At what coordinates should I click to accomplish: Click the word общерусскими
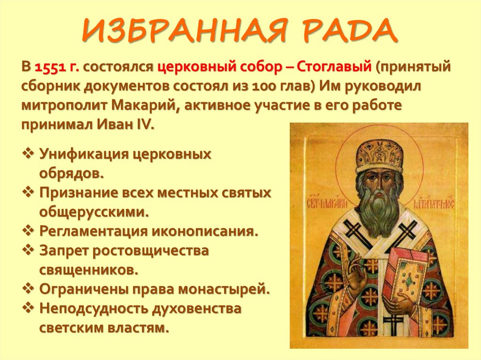pyautogui.click(x=94, y=211)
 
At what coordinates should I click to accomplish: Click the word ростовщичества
pyautogui.click(x=150, y=250)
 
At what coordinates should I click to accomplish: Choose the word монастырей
pyautogui.click(x=230, y=289)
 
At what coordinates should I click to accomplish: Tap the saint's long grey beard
pyautogui.click(x=378, y=207)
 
